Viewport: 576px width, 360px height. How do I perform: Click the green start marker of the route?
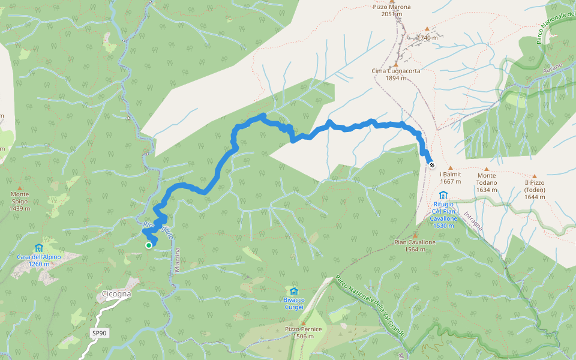149,245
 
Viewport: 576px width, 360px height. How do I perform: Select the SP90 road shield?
99,333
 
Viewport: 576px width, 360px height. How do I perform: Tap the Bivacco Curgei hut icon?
294,291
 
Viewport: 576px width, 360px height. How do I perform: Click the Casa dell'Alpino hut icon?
39,247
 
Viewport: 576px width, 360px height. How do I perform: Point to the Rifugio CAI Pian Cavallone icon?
443,195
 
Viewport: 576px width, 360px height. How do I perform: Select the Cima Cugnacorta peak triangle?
396,63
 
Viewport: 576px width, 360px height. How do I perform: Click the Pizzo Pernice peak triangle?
303,322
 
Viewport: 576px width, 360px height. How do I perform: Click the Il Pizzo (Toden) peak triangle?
534,176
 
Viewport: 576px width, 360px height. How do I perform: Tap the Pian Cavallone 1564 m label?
415,245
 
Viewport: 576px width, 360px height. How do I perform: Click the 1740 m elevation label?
428,37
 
